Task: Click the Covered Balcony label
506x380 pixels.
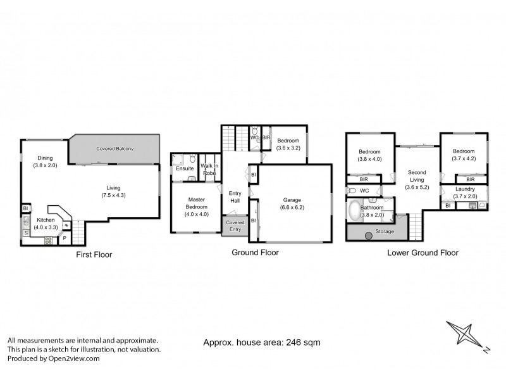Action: [114, 149]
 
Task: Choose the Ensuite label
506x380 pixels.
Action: [185, 168]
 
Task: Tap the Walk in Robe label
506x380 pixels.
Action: [209, 168]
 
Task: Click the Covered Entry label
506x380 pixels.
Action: [235, 226]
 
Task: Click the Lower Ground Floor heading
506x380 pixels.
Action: [423, 252]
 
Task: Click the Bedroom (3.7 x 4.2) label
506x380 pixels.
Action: [465, 155]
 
